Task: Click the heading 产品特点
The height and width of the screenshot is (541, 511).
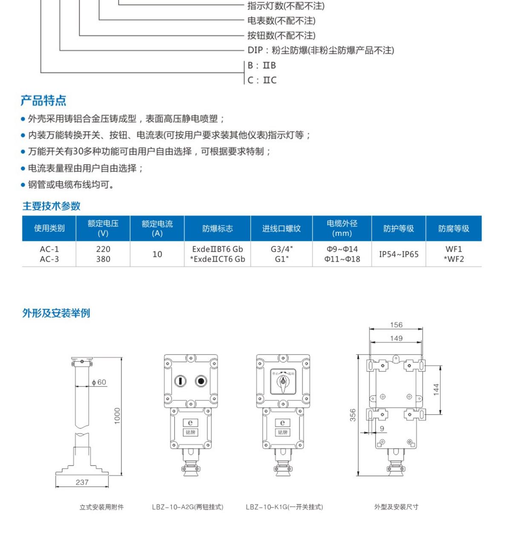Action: point(43,100)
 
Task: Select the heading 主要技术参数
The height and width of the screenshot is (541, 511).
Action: point(51,206)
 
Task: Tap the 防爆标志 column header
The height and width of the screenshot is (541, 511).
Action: point(218,228)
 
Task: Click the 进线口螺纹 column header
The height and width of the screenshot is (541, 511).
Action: point(281,228)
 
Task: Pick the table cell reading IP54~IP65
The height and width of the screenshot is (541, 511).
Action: point(399,254)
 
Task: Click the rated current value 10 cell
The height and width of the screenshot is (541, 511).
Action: point(157,254)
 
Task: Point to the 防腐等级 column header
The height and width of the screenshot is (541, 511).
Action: point(454,228)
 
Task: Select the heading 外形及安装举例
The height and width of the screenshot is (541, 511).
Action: point(56,313)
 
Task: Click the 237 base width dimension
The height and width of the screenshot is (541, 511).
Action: point(82,482)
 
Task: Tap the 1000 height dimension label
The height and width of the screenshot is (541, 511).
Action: point(117,416)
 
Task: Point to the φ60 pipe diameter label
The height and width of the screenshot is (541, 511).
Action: point(99,382)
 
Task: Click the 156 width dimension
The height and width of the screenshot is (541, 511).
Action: point(396,325)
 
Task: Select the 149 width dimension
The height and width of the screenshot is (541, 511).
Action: point(396,338)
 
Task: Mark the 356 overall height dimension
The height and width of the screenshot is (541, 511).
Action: point(353,415)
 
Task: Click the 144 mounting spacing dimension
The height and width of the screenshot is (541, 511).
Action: point(436,389)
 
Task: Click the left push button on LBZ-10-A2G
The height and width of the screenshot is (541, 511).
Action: point(180,381)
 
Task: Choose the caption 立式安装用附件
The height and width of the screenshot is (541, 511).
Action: point(101,507)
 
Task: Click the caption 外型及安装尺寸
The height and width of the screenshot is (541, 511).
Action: point(396,507)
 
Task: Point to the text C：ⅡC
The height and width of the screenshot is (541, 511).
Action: point(262,80)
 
